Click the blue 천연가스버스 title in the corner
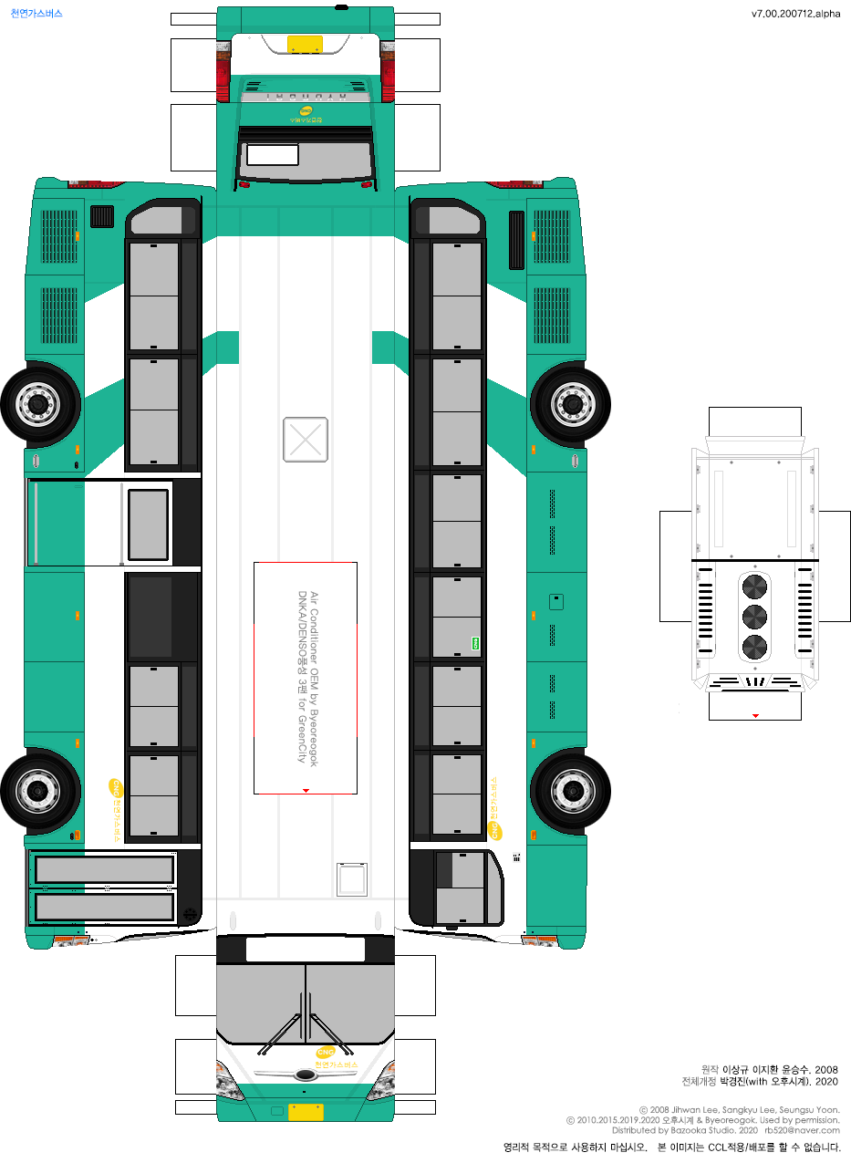[36, 14]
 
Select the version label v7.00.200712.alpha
[795, 14]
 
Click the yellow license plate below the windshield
[306, 1112]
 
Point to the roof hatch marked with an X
[306, 439]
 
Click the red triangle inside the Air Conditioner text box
[306, 790]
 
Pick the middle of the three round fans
[755, 617]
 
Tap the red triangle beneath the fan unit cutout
[755, 716]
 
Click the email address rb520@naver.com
[802, 1130]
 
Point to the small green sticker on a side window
[475, 643]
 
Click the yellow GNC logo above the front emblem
[325, 1052]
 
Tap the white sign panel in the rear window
[273, 155]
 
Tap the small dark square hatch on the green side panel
[555, 602]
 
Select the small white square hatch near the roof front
[352, 879]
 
